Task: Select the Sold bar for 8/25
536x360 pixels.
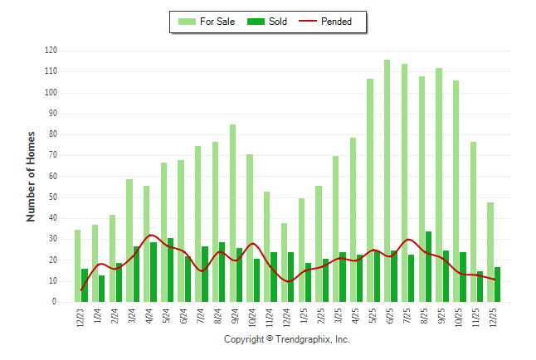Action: point(428,267)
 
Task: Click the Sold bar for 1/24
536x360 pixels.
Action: point(102,289)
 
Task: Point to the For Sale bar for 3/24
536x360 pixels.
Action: point(129,241)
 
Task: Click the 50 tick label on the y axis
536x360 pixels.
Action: point(52,197)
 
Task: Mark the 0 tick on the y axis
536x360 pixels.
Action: point(54,302)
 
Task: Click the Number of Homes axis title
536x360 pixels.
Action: point(31,176)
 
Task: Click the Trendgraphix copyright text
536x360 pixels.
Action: point(287,339)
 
